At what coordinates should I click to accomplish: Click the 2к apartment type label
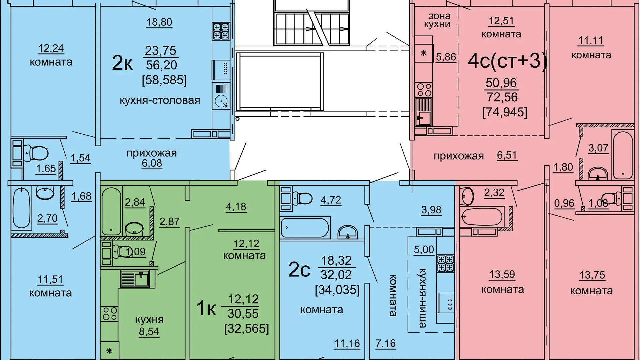[122, 63]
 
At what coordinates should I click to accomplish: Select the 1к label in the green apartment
[206, 308]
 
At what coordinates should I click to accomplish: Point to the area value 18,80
[159, 22]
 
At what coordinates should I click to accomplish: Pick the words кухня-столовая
[160, 100]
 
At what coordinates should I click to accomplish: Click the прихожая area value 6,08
[152, 163]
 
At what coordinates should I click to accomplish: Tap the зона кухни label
[438, 20]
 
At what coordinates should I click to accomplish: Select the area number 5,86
[446, 57]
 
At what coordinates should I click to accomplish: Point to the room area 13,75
[592, 275]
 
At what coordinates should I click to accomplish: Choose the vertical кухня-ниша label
[422, 298]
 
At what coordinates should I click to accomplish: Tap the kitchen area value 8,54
[149, 332]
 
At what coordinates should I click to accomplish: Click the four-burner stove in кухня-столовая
[221, 31]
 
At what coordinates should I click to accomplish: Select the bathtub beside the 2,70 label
[22, 208]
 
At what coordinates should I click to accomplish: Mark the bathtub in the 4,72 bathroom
[305, 227]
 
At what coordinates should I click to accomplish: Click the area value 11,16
[347, 344]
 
